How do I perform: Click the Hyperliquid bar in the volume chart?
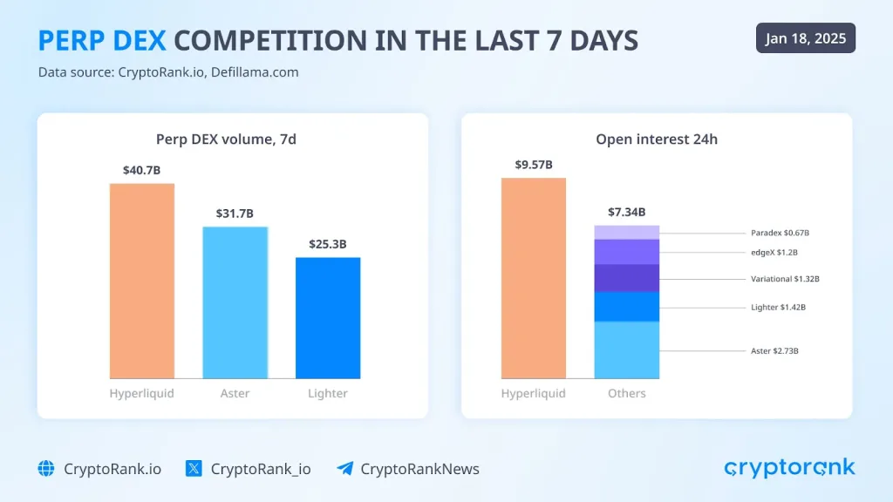(x=142, y=281)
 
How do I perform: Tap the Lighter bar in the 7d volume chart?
(x=328, y=317)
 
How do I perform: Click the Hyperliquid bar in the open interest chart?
(x=534, y=277)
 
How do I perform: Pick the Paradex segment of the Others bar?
(x=627, y=232)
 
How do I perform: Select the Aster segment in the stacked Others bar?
(x=627, y=349)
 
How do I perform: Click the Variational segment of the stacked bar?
(x=627, y=278)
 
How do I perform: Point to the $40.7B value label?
(x=142, y=170)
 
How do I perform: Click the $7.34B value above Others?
(x=627, y=212)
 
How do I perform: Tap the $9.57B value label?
(x=534, y=165)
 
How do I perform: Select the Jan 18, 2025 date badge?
(x=805, y=38)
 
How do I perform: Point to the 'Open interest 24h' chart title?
(x=657, y=139)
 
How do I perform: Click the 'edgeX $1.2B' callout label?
(x=774, y=253)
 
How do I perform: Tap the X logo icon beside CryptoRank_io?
(x=194, y=469)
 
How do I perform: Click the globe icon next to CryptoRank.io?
(x=46, y=469)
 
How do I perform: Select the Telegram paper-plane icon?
(x=345, y=469)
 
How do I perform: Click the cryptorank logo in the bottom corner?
(x=789, y=469)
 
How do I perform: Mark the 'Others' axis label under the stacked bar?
(x=627, y=393)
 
